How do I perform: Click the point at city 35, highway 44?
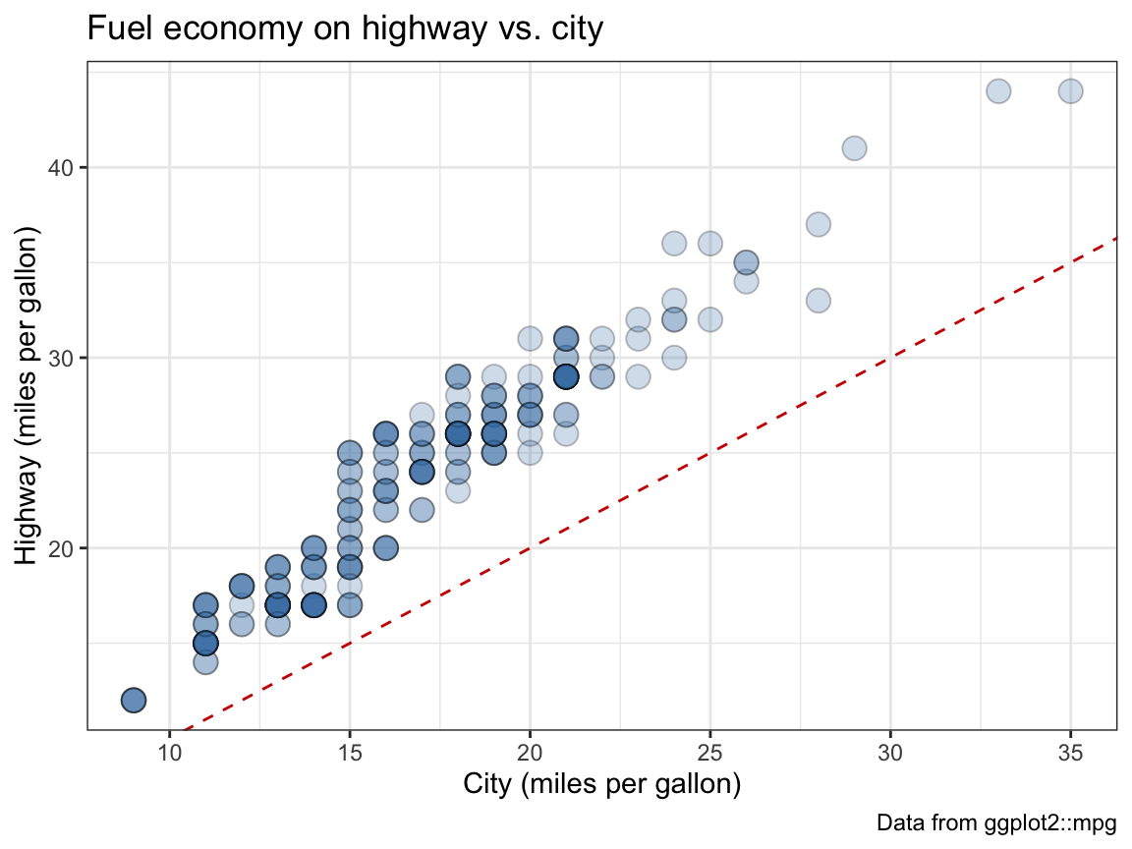pos(1070,91)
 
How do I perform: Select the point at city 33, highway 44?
pos(998,91)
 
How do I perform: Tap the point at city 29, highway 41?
pos(854,148)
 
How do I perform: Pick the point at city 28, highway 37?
pos(819,224)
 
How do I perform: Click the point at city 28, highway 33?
pos(819,300)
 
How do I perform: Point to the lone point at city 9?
pos(134,700)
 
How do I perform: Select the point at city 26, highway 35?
pos(746,262)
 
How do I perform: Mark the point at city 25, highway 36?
pos(709,243)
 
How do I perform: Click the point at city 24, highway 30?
pos(674,357)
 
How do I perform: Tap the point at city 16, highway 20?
pos(385,547)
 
